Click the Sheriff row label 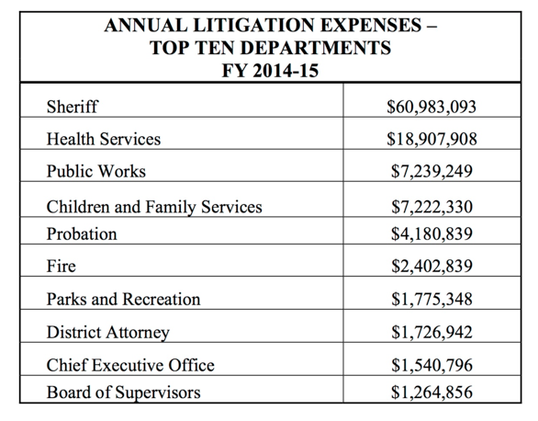[72, 107]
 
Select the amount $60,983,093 [432, 107]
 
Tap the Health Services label [104, 139]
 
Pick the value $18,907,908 [432, 139]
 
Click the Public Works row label [96, 171]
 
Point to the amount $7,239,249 [432, 171]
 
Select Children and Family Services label [154, 207]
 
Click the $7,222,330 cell [432, 207]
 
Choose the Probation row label [82, 233]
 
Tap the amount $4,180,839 [432, 233]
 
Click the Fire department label [62, 266]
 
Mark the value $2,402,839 [432, 266]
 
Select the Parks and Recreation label [123, 299]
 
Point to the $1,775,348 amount [432, 299]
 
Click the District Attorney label [108, 333]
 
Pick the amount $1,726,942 [432, 332]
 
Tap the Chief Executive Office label [130, 365]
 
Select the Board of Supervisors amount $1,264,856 [432, 393]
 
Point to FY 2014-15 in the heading [270, 71]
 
